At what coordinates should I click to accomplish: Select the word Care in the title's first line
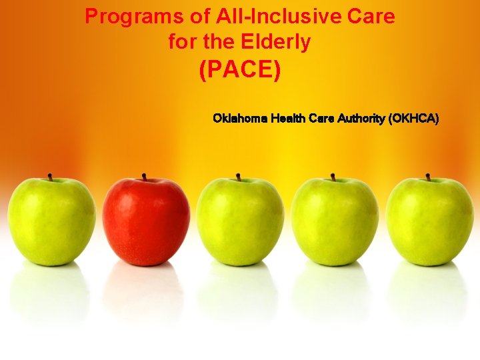coord(371,16)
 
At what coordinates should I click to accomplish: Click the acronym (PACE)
coord(240,71)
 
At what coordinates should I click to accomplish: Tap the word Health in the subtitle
coord(288,119)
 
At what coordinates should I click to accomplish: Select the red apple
coord(146,222)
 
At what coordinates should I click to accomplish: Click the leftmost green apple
coord(51,222)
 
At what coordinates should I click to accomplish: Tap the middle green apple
coord(240,222)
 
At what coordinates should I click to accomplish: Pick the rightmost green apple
coord(429,222)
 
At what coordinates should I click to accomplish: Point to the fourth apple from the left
coord(335,222)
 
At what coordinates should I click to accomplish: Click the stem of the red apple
coord(144,177)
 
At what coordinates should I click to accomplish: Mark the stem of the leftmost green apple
coord(49,177)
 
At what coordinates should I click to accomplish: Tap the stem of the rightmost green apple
coord(427,177)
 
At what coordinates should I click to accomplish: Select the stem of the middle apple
coord(238,177)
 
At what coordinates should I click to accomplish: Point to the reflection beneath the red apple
coord(146,293)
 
